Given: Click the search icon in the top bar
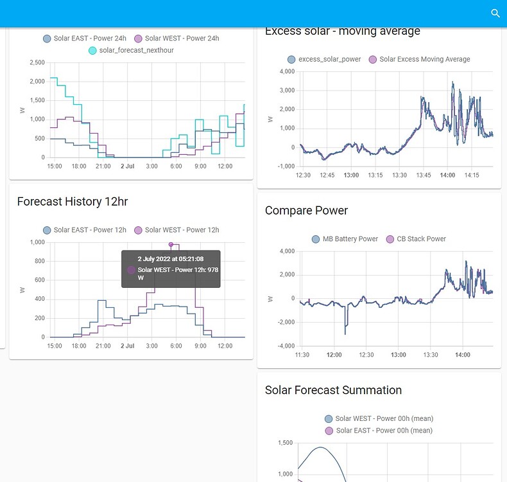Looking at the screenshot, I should pos(495,13).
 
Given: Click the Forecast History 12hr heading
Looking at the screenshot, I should pos(73,202).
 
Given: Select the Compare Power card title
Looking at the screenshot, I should pos(306,211).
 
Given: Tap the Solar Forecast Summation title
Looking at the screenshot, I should pos(333,390).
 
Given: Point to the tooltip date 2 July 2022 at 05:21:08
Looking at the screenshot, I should pos(171,259).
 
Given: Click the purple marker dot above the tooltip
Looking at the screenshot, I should pos(171,244).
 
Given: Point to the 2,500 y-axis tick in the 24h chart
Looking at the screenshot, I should pos(37,62).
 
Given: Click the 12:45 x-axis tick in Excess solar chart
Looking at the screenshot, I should pos(328,175).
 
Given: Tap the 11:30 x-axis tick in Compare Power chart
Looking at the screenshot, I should pos(302,355).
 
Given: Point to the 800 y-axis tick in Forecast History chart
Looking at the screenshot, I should pos(40,261).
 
